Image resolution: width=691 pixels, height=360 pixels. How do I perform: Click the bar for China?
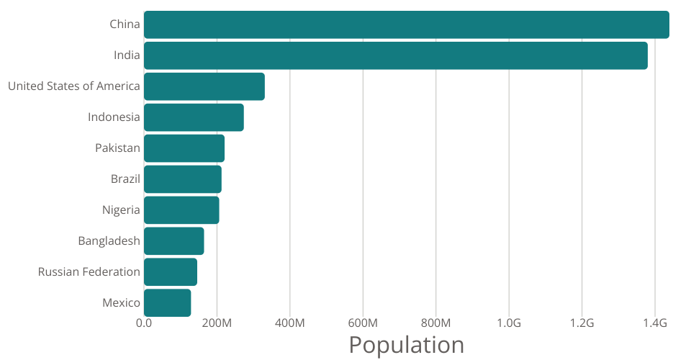pyautogui.click(x=406, y=24)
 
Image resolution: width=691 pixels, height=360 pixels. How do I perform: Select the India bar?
pyautogui.click(x=395, y=55)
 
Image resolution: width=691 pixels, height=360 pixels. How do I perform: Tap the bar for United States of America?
pyautogui.click(x=204, y=86)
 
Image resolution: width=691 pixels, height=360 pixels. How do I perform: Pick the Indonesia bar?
pyautogui.click(x=194, y=117)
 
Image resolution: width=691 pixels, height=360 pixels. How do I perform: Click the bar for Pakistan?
pyautogui.click(x=184, y=148)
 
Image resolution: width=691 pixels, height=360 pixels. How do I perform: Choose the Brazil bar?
pyautogui.click(x=183, y=179)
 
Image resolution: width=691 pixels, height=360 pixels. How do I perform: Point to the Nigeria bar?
pyautogui.click(x=181, y=210)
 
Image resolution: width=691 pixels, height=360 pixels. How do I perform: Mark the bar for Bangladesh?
pyautogui.click(x=173, y=241)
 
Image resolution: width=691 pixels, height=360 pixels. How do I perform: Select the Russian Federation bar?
pyautogui.click(x=171, y=272)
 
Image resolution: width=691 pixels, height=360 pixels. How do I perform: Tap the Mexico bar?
pyautogui.click(x=167, y=303)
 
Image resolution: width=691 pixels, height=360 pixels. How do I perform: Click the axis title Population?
pyautogui.click(x=406, y=345)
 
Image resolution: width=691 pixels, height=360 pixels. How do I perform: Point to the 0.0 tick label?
pyautogui.click(x=144, y=323)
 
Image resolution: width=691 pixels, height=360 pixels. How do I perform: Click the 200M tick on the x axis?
pyautogui.click(x=217, y=323)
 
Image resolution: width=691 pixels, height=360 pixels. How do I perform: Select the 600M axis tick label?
pyautogui.click(x=363, y=323)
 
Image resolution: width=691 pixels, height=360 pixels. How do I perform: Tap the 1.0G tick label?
pyautogui.click(x=509, y=323)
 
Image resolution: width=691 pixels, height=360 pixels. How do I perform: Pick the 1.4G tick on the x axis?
pyautogui.click(x=654, y=323)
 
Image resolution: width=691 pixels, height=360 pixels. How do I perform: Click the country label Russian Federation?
pyautogui.click(x=89, y=272)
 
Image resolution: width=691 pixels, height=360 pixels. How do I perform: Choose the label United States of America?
pyautogui.click(x=73, y=86)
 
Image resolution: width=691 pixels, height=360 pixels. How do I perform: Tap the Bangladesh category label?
pyautogui.click(x=109, y=241)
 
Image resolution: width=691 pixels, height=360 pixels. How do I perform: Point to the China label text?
pyautogui.click(x=125, y=24)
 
